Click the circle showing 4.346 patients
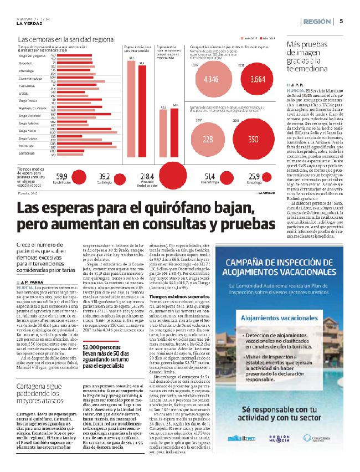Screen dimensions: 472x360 211,79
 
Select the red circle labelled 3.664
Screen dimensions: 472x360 259,79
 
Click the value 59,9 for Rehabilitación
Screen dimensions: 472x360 61,176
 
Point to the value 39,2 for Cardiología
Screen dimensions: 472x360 105,176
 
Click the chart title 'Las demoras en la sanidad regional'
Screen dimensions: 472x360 66,40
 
